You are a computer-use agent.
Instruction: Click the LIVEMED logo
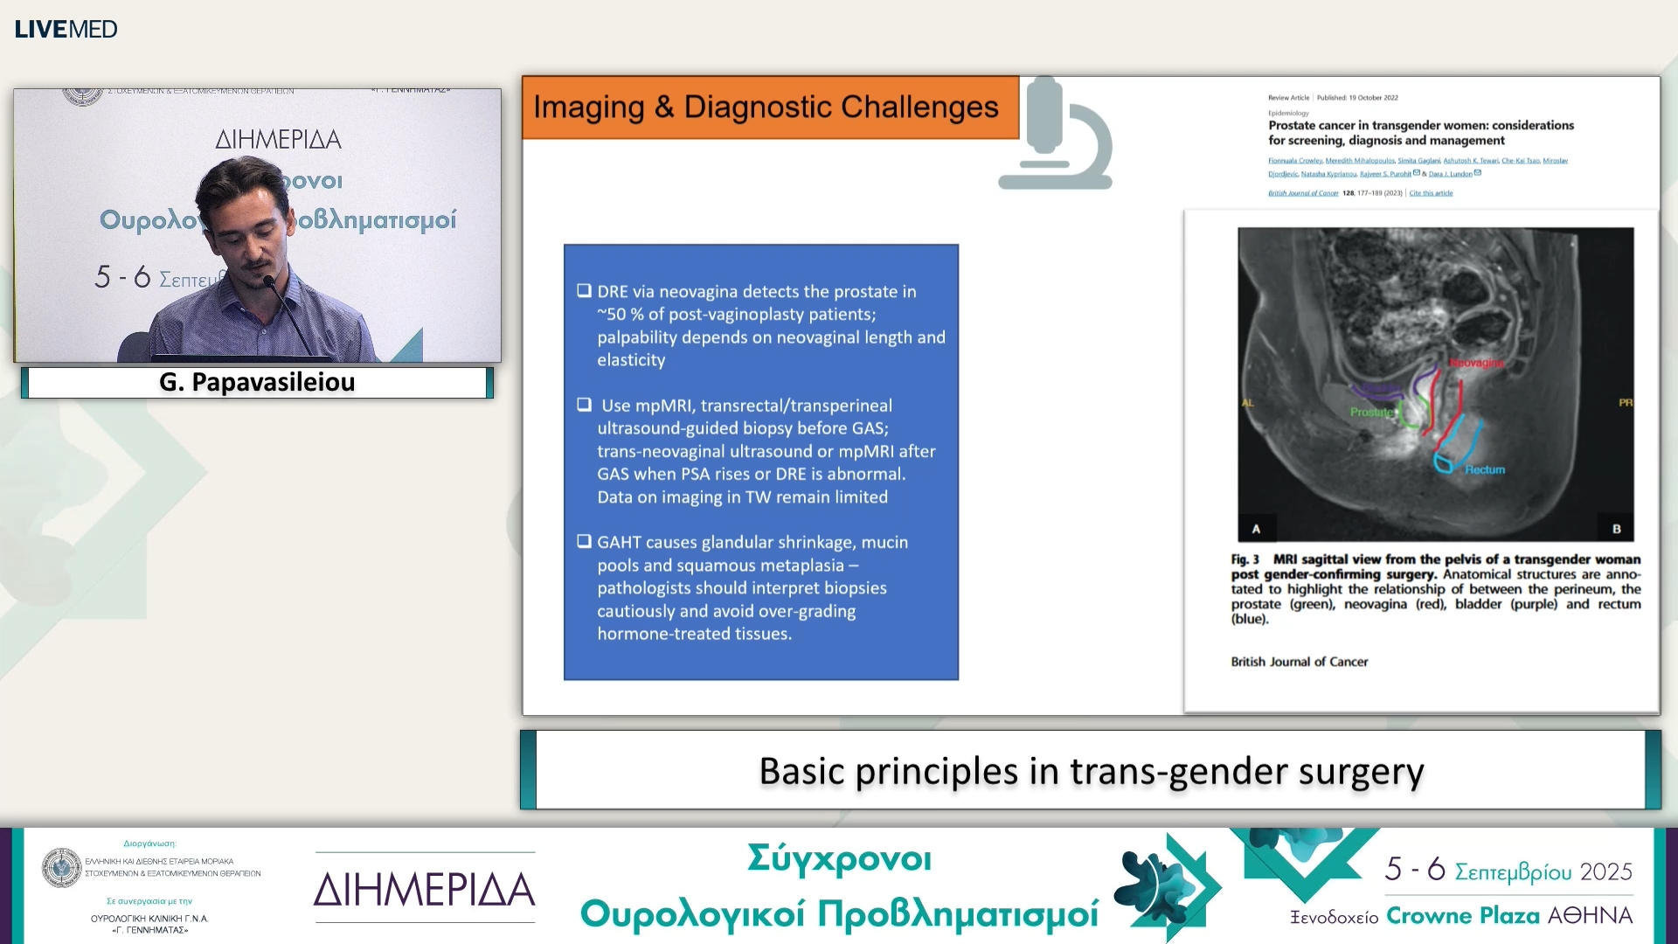click(66, 29)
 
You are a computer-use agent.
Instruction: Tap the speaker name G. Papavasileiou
click(257, 382)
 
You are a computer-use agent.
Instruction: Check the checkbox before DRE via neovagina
click(584, 291)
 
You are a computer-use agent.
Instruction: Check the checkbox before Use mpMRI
click(584, 405)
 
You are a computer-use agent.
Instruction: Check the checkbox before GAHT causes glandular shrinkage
click(584, 542)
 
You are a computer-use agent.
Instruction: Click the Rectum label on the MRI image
click(1485, 469)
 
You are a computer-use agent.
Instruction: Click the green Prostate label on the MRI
click(1371, 412)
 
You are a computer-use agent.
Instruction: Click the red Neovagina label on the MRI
click(1476, 363)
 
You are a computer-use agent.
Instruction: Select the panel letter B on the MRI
click(1616, 529)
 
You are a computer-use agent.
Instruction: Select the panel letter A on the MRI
click(1256, 529)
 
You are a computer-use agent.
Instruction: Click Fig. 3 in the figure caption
click(1245, 559)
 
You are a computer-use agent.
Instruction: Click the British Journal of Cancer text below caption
click(1299, 662)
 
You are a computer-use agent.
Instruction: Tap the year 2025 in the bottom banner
click(1605, 871)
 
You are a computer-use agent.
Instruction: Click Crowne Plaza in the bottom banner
click(1463, 915)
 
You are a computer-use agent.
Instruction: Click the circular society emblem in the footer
click(61, 867)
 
